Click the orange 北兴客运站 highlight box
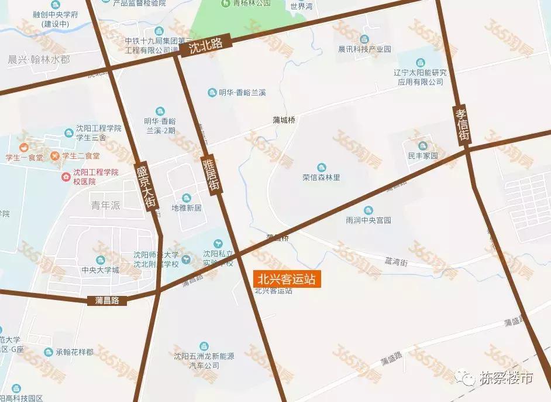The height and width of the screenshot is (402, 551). (x=287, y=280)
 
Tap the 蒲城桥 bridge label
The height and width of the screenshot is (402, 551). (x=284, y=120)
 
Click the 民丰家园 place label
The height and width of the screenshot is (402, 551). (x=422, y=156)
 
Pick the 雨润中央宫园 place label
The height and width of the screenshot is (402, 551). (x=368, y=221)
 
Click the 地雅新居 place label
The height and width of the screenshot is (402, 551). (x=186, y=207)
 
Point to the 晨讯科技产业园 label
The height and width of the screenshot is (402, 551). (x=364, y=49)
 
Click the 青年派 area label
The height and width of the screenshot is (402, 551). (x=105, y=205)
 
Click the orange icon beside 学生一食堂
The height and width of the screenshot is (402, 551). (x=24, y=147)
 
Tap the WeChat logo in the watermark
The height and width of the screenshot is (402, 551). (x=466, y=379)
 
